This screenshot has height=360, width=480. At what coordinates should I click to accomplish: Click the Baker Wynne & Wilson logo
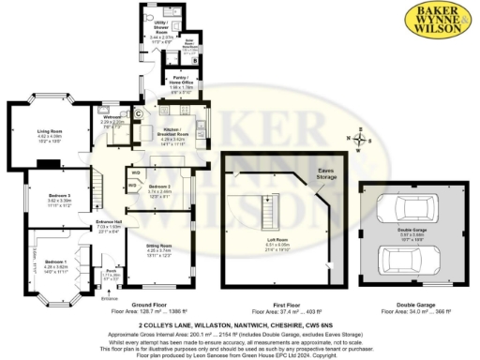[439, 22]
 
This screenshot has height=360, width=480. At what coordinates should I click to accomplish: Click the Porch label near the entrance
[111, 272]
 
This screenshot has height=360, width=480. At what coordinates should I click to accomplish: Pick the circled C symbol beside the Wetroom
[139, 114]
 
